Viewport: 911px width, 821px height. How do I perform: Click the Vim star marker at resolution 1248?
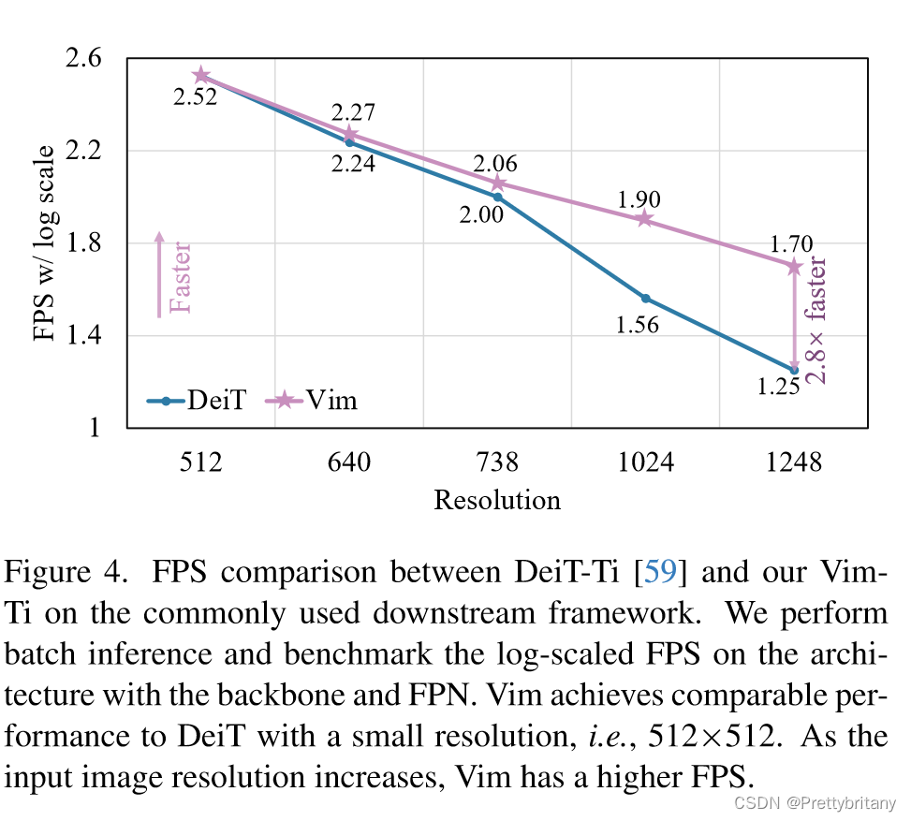tap(794, 267)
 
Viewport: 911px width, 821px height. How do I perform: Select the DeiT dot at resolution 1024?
tap(645, 299)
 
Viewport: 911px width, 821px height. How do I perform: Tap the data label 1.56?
tap(638, 325)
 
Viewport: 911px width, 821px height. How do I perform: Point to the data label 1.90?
tap(639, 199)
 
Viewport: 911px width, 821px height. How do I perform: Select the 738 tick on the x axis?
tap(497, 462)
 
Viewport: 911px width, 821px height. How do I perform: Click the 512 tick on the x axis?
tap(200, 462)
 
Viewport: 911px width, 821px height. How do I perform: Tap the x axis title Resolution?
tap(497, 500)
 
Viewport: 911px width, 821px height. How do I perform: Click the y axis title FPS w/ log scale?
tap(44, 243)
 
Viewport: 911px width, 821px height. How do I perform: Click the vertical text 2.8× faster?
tap(817, 319)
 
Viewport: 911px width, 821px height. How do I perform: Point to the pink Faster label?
tap(179, 277)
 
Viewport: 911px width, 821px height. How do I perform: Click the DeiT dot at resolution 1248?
tap(794, 370)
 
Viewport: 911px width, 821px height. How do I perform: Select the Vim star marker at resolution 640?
tap(349, 135)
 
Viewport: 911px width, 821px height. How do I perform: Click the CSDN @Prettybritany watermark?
tap(815, 803)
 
